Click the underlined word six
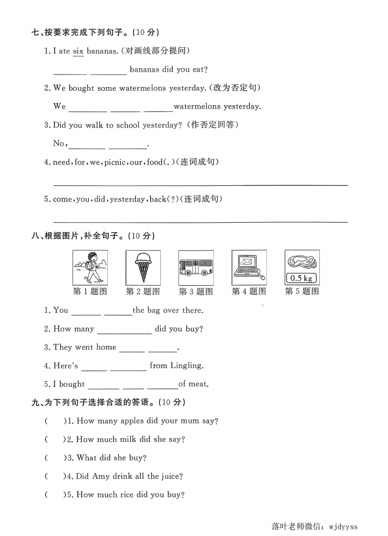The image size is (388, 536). coord(78,51)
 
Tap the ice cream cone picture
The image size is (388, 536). coord(143,267)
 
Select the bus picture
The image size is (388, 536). coord(196,267)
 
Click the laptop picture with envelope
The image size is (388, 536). coord(249,267)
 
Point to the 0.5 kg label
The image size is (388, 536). coord(302,278)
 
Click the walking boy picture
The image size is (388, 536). coord(90,267)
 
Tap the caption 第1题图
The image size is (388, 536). coord(90,291)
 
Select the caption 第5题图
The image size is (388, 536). coord(302,291)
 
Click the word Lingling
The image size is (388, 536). coord(186,365)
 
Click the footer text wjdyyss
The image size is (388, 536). coord(343,527)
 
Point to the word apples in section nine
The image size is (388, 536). coord(132,421)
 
